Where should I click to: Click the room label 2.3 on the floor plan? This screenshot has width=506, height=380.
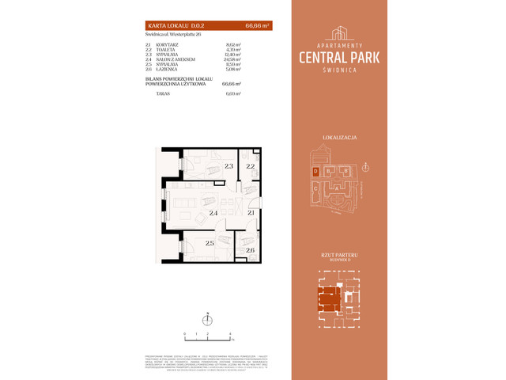tap(228, 166)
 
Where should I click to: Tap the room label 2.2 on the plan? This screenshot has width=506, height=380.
tap(250, 166)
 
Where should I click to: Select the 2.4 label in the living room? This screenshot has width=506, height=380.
tap(213, 213)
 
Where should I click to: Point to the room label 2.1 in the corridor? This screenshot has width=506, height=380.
tap(250, 213)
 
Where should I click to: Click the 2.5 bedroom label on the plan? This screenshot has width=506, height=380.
tap(210, 243)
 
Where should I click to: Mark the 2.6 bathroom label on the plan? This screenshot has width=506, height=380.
tap(250, 251)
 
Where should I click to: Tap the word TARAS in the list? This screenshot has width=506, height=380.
tap(163, 93)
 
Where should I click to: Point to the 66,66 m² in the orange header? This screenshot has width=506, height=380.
tap(257, 26)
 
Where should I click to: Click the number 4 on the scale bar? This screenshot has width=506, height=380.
tap(229, 333)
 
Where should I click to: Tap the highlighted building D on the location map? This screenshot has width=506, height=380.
tap(315, 170)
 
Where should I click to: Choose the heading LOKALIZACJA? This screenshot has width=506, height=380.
tap(340, 138)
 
